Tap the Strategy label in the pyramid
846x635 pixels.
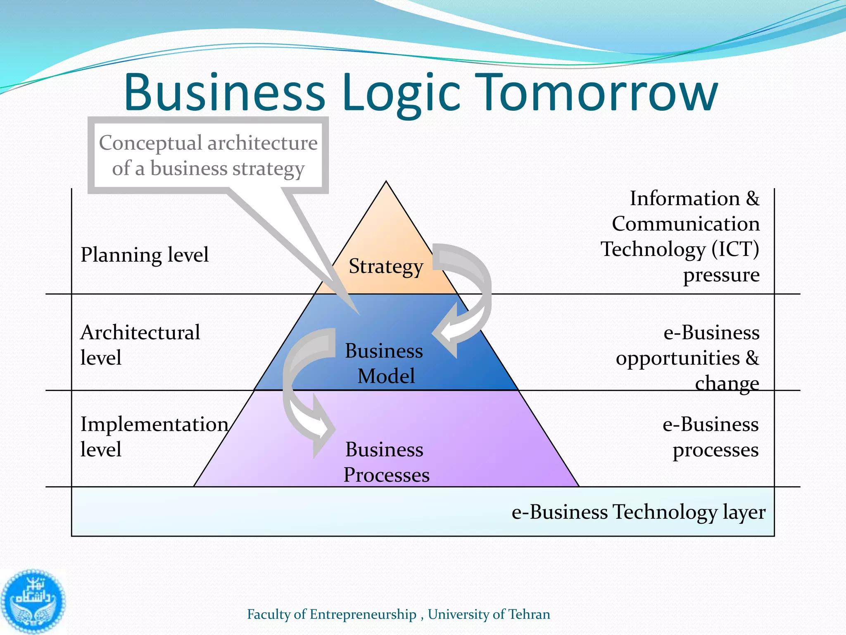coord(386,266)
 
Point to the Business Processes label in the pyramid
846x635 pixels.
coord(386,462)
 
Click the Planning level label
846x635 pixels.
coord(145,255)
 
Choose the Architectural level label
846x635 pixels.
coord(140,345)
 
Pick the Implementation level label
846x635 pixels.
coord(154,437)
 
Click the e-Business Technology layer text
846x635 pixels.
coord(638,512)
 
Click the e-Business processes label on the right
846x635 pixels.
coord(711,437)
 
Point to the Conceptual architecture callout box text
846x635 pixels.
coord(208,155)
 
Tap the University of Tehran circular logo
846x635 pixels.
coord(33,602)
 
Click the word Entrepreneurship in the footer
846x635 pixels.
coord(363,614)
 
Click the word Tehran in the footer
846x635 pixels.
coord(529,614)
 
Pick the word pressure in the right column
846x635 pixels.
coord(721,275)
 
